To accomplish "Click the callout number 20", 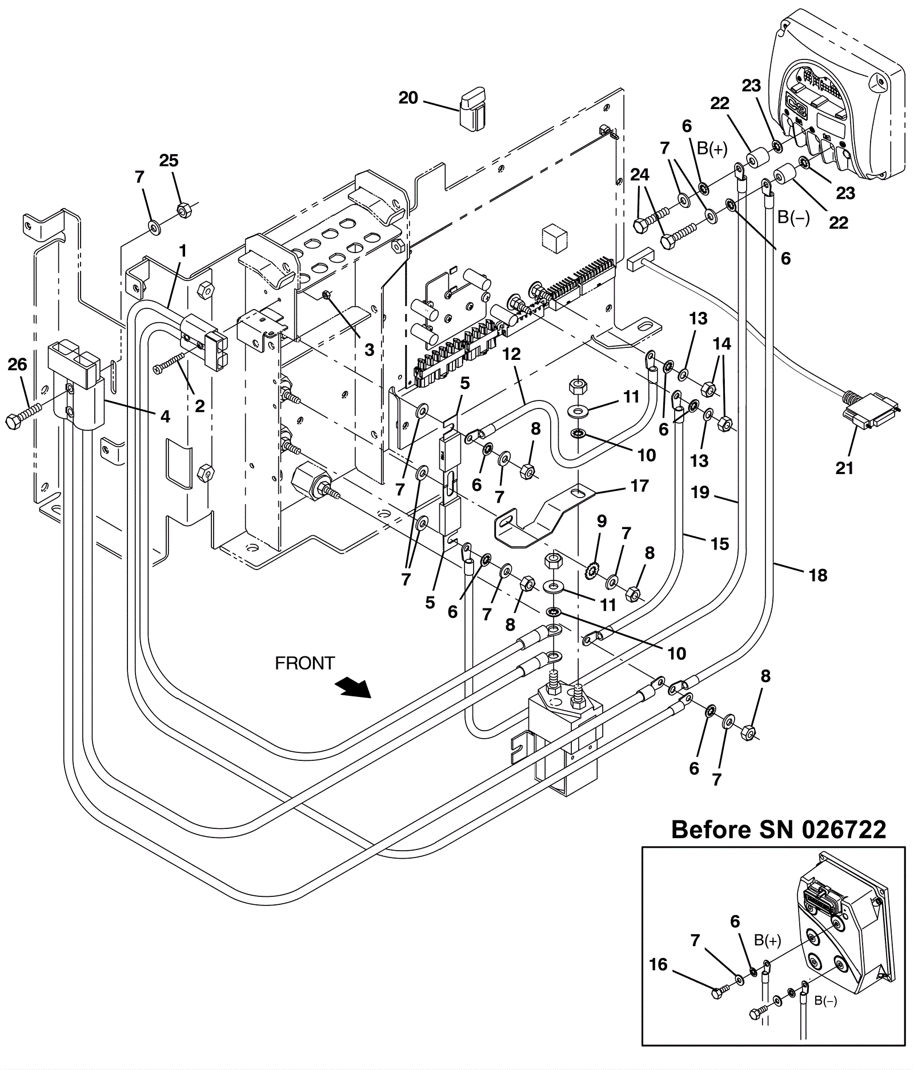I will (x=408, y=98).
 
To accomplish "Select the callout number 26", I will (x=17, y=364).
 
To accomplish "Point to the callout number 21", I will (x=844, y=468).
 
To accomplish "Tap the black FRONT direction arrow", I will (x=354, y=687).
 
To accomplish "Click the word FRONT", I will (x=304, y=663).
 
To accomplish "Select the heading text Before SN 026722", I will (x=779, y=829).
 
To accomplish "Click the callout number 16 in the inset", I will (x=658, y=964).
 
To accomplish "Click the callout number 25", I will (x=169, y=161).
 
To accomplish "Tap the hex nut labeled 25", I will (x=183, y=210).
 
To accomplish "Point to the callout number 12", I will (x=511, y=354).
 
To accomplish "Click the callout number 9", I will (x=601, y=521).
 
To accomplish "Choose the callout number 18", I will (x=818, y=575).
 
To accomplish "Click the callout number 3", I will (x=369, y=350).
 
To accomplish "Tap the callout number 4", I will (x=165, y=416).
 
